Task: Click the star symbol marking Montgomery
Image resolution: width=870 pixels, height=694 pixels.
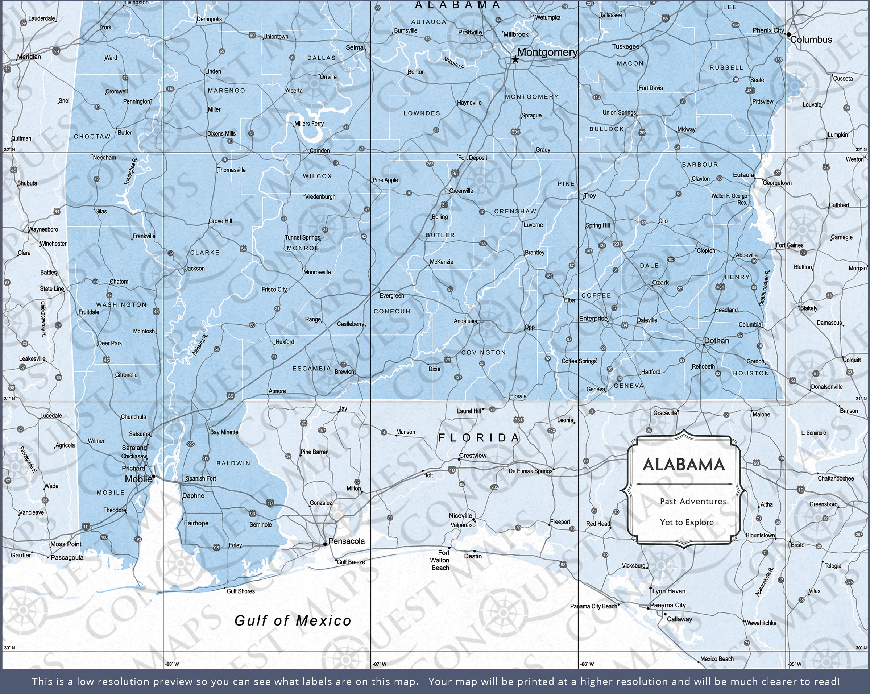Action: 515,60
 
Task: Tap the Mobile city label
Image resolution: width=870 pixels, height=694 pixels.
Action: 138,479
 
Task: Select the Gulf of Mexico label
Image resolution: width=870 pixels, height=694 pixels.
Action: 293,620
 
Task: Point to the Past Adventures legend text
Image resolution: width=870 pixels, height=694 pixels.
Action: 693,502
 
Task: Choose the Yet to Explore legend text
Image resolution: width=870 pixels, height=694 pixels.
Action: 687,523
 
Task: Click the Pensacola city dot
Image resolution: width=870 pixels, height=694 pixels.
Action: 325,544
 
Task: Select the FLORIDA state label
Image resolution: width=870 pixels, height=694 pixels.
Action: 479,438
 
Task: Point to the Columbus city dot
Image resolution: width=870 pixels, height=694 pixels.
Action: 788,35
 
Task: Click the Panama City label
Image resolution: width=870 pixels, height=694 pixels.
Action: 668,605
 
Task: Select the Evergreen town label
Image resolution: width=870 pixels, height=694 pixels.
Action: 391,296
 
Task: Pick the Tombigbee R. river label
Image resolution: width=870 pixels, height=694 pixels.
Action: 131,171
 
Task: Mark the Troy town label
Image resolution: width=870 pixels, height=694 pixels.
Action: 589,196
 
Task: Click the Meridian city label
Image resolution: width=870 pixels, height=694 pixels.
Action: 29,57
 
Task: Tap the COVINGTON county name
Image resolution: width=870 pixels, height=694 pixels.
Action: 484,353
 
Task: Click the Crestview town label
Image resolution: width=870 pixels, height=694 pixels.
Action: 473,456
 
